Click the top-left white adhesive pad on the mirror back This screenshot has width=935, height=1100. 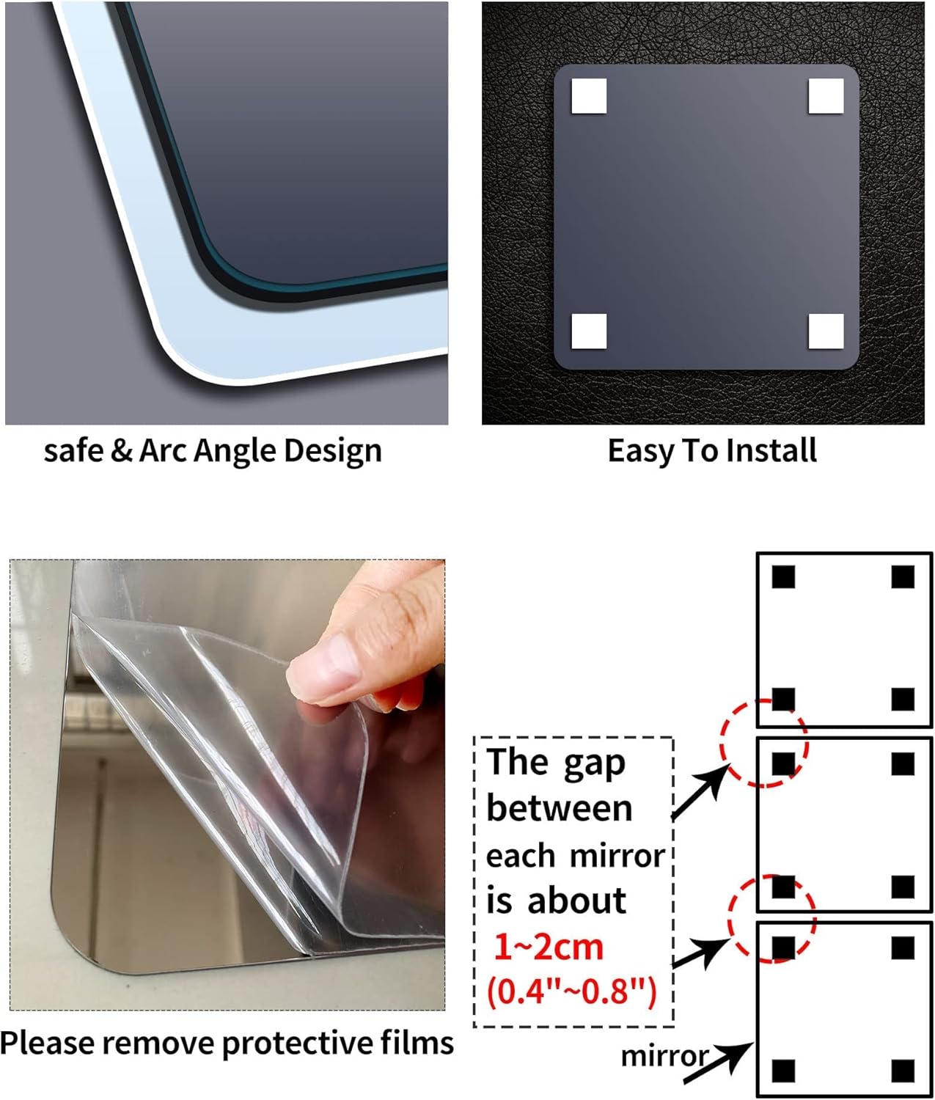(x=589, y=96)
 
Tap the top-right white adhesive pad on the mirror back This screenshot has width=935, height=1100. (x=826, y=96)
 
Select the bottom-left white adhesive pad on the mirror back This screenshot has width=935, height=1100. (x=589, y=331)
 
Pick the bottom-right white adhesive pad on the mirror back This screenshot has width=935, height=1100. (x=826, y=331)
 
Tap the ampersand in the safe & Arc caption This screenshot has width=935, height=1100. (x=120, y=451)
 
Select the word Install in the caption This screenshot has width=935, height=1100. (x=771, y=450)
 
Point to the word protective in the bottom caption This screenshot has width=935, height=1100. (x=297, y=1042)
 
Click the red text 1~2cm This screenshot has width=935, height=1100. (x=549, y=947)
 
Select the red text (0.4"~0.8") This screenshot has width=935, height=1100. (x=572, y=991)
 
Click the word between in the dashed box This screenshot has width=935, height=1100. (x=559, y=809)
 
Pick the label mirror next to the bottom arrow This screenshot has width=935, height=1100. (x=664, y=1056)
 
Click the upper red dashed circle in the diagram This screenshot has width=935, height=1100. (x=763, y=743)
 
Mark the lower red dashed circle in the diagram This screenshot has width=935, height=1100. (x=771, y=918)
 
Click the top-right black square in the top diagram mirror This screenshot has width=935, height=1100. (x=903, y=577)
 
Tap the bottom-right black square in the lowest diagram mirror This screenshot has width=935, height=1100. (x=903, y=1070)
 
